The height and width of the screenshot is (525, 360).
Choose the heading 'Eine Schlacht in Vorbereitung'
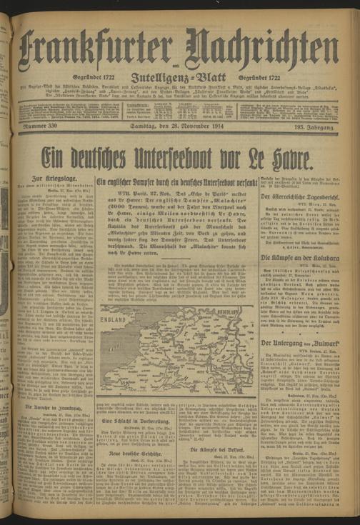click(137, 421)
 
